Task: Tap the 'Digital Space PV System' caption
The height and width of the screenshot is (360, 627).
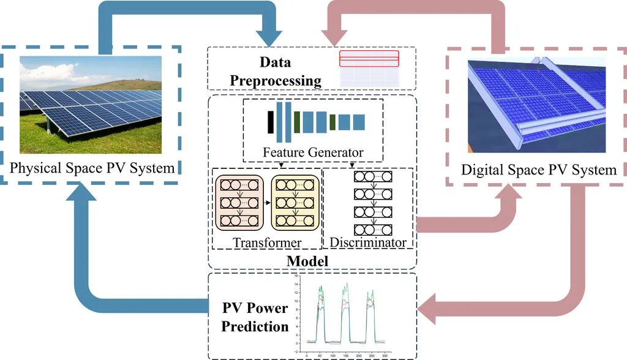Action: [539, 169]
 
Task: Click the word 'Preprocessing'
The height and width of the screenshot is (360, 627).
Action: [280, 80]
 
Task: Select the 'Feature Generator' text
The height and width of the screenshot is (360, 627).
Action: [313, 152]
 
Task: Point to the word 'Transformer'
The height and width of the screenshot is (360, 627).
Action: [267, 243]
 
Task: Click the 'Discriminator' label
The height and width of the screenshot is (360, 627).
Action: [368, 243]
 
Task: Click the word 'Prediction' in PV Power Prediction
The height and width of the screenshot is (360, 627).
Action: [255, 326]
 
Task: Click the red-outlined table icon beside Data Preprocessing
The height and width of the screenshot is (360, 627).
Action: [369, 59]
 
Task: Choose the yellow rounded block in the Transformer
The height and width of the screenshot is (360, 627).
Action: [295, 203]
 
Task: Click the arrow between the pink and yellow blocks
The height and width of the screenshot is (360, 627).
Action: [267, 200]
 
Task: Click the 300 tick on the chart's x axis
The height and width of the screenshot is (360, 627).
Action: [385, 354]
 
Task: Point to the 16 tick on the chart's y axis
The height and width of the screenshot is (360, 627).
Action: [295, 276]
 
